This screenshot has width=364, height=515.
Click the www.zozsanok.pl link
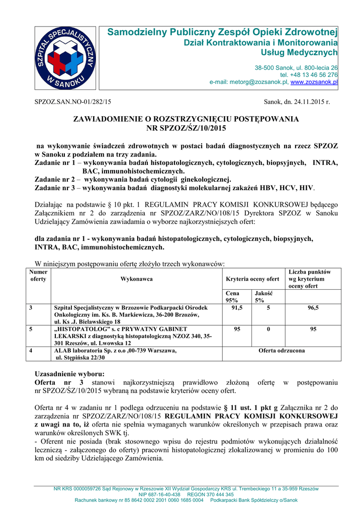tap(314, 81)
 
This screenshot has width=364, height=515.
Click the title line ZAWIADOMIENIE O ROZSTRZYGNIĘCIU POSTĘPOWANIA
tap(186, 119)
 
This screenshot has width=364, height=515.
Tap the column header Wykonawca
tap(136, 279)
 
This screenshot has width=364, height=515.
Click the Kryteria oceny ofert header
tap(252, 279)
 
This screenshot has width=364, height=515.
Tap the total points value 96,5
tap(313, 308)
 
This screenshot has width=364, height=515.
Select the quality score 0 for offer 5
tap(268, 329)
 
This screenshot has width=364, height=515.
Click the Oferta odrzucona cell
tap(281, 351)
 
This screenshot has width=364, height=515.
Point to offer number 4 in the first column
tap(32, 351)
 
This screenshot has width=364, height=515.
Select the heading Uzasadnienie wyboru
tap(69, 374)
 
